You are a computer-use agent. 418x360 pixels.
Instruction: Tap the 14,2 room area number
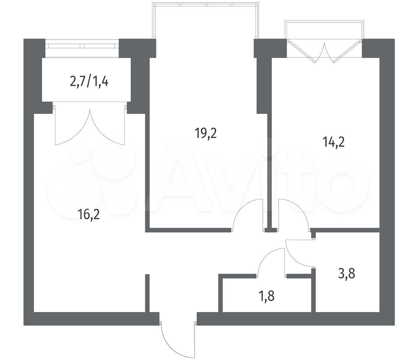pos(334,142)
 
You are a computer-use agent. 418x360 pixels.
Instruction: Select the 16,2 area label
pos(89,214)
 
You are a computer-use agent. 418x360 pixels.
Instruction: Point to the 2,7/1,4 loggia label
pos(89,81)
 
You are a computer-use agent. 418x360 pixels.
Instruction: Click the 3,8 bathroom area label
pos(347,274)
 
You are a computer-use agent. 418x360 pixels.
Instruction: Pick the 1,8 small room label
pos(266,296)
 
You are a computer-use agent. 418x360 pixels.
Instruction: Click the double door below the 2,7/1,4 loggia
pos(90,125)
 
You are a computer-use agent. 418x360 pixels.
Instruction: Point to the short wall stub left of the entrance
pos(147,293)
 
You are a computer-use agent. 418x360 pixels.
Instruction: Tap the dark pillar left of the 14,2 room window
pos(270,48)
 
